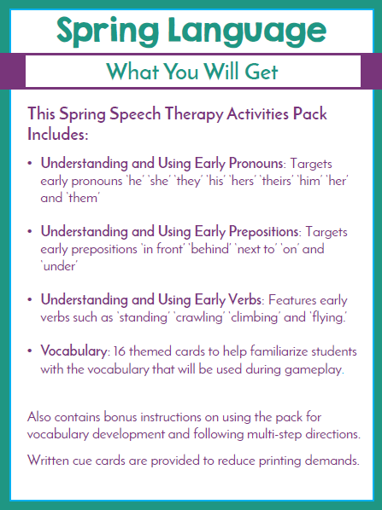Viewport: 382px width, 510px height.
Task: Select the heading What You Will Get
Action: click(x=191, y=70)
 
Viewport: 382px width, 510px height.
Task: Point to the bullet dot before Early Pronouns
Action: click(x=31, y=162)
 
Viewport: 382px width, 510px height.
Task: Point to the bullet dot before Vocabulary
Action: click(x=31, y=352)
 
